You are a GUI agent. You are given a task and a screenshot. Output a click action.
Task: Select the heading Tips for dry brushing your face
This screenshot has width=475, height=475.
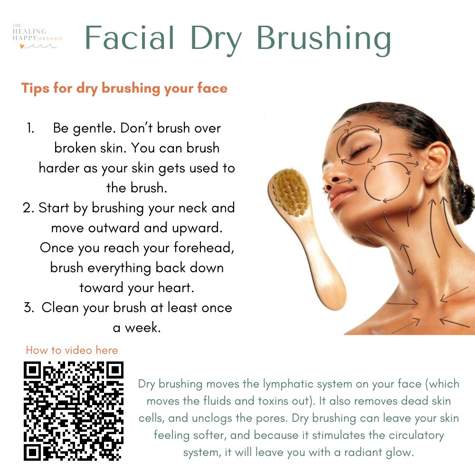124,88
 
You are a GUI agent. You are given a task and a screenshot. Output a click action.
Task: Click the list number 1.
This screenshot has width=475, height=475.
30,128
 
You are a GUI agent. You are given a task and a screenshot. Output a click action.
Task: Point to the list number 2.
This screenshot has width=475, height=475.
28,208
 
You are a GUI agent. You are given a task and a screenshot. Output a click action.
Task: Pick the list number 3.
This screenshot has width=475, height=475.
28,307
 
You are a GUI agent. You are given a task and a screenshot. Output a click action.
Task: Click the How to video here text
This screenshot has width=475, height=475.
72,351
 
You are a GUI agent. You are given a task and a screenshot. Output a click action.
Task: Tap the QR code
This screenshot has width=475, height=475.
74,411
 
